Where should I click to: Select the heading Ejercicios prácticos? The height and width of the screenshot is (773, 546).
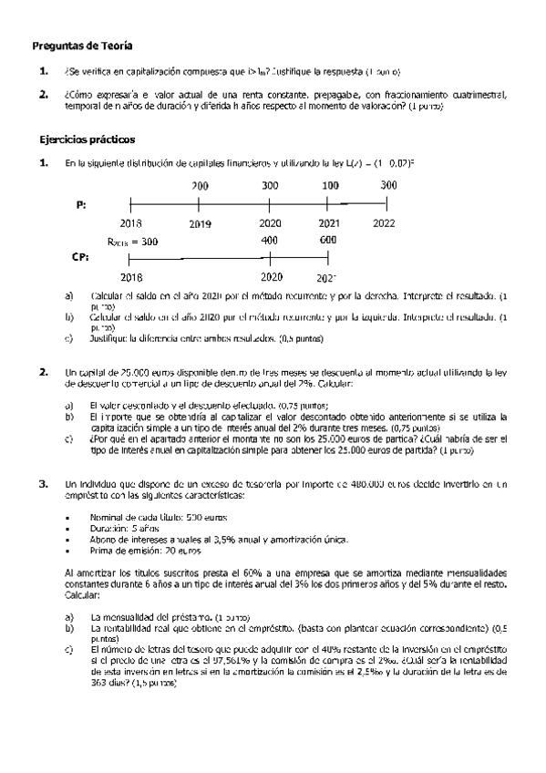coord(88,140)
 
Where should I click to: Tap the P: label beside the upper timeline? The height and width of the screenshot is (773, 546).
coord(80,205)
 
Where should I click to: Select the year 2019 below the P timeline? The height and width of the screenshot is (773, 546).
coord(200,223)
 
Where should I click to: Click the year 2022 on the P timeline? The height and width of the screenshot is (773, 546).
coord(385,222)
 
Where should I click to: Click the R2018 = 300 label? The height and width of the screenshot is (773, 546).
coord(132,242)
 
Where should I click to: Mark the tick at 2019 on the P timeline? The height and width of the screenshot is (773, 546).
coord(200,205)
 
